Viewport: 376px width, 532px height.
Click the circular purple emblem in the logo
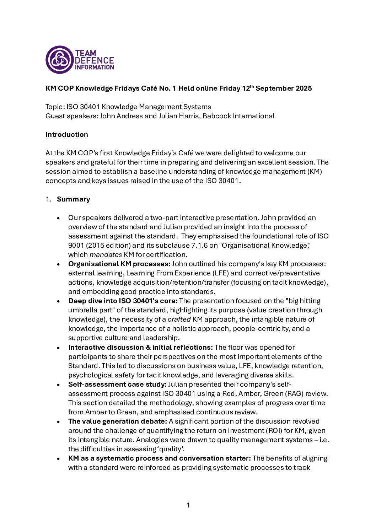[x=59, y=60]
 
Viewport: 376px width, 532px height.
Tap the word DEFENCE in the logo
[x=94, y=60]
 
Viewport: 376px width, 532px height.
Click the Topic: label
[x=55, y=107]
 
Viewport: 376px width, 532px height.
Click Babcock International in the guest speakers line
[x=238, y=116]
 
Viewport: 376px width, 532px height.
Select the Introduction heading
[x=67, y=135]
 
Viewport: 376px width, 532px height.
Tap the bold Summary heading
[x=73, y=199]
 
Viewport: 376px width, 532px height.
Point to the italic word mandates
[x=106, y=255]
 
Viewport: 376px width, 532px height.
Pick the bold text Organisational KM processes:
[x=119, y=264]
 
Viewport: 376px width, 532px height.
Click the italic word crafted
[x=179, y=319]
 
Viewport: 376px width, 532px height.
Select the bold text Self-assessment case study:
[x=117, y=385]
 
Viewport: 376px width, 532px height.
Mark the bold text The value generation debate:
[x=117, y=421]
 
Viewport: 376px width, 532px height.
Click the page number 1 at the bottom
[x=188, y=505]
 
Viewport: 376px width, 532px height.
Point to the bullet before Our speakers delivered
[x=59, y=218]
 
